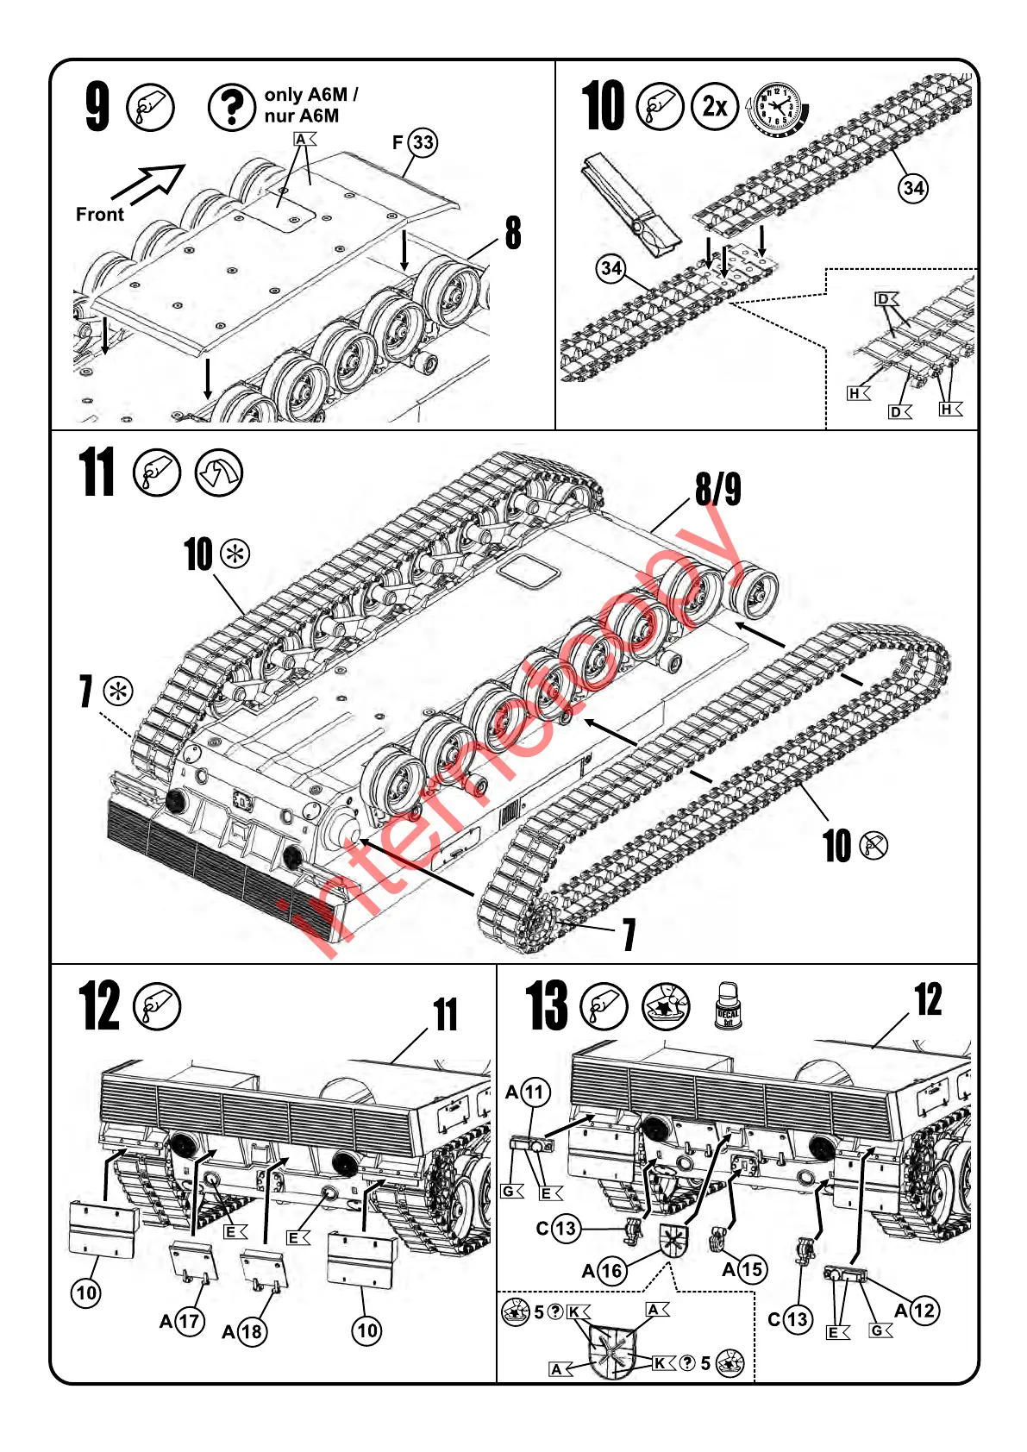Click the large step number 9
coord(97,108)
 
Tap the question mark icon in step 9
coord(230,108)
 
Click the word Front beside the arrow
coord(99,215)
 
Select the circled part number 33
coord(423,142)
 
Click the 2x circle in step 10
coord(715,107)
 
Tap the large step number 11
coord(97,473)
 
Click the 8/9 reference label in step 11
coord(718,489)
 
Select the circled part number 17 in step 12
coord(189,1321)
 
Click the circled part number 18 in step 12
coord(251,1332)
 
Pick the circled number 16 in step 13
coord(611,1271)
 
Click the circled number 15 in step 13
coord(751,1269)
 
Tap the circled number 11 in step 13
coord(535,1092)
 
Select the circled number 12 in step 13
coord(924,1311)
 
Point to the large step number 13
coord(548,1005)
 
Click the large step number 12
coord(99,1006)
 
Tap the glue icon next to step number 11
coord(157,473)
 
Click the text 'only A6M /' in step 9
coord(310,94)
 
